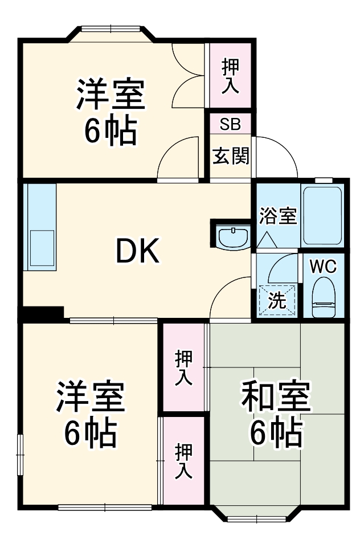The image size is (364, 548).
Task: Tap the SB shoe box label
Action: [230, 123]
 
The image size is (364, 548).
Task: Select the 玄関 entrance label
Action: [231, 156]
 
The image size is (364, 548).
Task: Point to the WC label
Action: [323, 265]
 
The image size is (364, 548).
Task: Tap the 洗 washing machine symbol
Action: [277, 300]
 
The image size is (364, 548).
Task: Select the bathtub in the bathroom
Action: [322, 214]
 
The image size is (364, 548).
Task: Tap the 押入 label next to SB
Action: [230, 75]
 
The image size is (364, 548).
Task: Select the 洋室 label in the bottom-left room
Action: [90, 398]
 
